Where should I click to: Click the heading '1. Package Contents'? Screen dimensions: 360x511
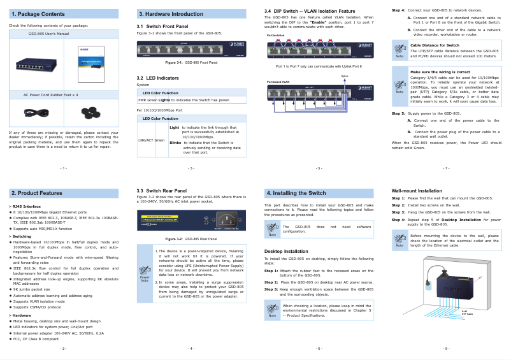coord(38,13)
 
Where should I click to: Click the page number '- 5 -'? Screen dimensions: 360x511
coord(319,168)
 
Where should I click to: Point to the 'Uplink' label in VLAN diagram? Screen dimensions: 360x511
coord(344,76)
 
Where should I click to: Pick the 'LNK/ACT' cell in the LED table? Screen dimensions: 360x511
coord(145,140)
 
